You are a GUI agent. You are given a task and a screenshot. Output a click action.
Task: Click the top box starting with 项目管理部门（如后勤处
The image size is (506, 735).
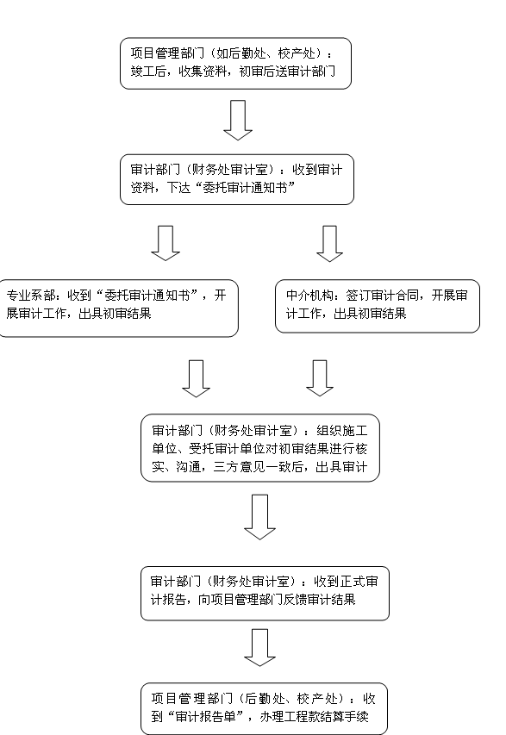(235, 63)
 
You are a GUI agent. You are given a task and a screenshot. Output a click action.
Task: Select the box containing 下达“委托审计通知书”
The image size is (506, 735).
(237, 179)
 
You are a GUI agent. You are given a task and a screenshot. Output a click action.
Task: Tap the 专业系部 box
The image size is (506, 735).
(118, 308)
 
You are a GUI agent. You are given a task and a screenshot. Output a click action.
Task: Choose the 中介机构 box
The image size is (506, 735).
(378, 306)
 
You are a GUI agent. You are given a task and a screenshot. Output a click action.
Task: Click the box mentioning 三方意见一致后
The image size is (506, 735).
(259, 448)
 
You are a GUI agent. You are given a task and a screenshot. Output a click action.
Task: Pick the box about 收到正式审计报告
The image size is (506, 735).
(265, 593)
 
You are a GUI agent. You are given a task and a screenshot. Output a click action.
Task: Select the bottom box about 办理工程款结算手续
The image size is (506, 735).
(264, 708)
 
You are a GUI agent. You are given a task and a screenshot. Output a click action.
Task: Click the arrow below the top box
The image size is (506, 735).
(238, 120)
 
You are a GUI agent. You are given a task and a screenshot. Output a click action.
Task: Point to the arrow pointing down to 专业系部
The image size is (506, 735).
(166, 243)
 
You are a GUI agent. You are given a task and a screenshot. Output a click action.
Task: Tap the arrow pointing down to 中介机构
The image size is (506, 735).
(329, 243)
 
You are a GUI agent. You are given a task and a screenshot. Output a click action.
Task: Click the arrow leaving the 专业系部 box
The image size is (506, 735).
(196, 378)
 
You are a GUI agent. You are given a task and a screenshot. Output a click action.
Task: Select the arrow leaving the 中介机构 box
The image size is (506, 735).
(320, 377)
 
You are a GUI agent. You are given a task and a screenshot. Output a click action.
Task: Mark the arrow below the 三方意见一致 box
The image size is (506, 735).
(259, 516)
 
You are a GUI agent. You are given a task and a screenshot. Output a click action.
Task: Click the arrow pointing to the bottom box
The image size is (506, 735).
(259, 647)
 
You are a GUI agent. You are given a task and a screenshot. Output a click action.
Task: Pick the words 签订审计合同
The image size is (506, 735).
(382, 296)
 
